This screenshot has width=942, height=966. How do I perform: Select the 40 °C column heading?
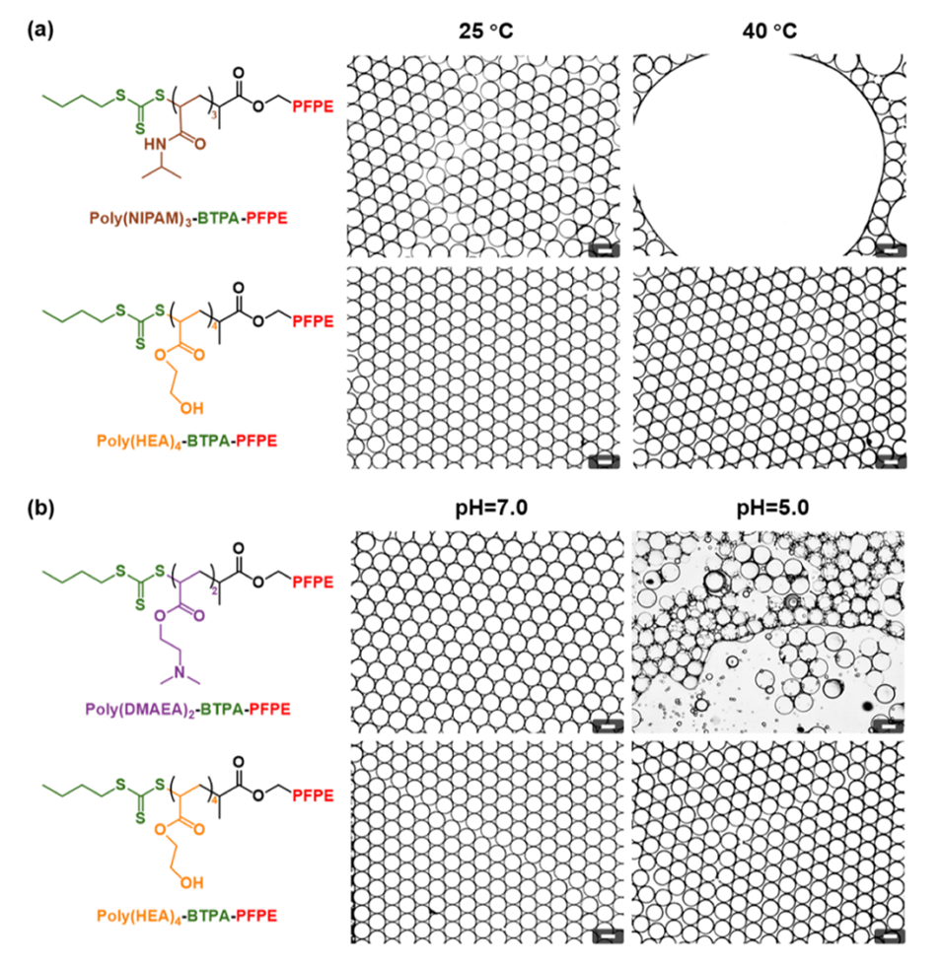point(770,30)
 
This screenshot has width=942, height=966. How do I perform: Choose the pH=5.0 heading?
point(770,510)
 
